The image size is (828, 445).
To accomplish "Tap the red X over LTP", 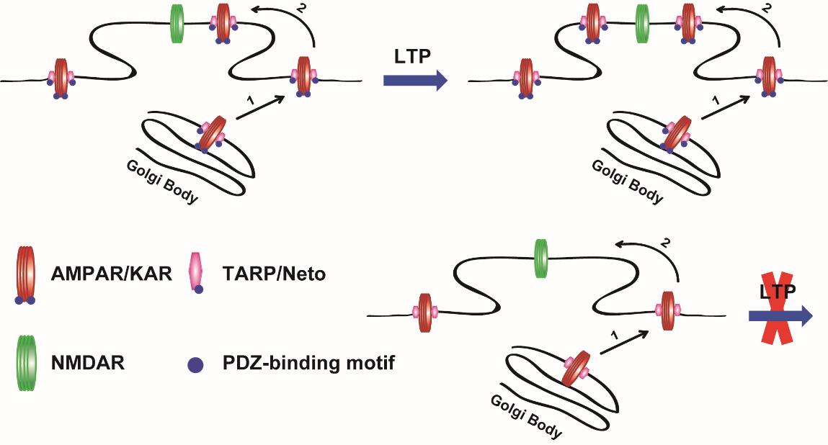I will tap(780, 315).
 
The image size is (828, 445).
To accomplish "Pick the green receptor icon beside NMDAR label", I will tap(25, 363).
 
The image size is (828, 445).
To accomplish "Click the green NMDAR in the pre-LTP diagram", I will tap(177, 22).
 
